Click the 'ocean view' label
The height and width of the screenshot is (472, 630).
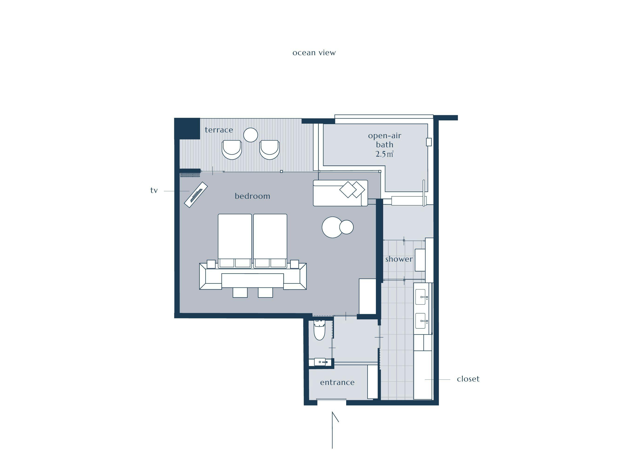pos(314,53)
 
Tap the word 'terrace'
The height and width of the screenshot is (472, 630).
pos(219,130)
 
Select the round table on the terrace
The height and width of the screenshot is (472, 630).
pos(251,135)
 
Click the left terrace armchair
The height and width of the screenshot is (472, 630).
pos(232,150)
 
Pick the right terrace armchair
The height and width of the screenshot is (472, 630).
pos(269,150)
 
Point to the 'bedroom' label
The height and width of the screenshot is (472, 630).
pos(252,196)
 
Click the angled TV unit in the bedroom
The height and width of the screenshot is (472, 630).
pos(196,195)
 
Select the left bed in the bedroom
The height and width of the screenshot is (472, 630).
pos(235,241)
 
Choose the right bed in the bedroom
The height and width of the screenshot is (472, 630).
pos(270,241)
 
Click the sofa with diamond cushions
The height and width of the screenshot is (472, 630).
pos(340,193)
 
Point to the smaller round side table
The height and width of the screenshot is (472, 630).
pos(347,227)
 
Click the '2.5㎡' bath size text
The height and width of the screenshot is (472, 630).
pos(385,154)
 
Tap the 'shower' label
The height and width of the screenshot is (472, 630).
pos(399,259)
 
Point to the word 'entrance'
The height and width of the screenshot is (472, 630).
pos(337,382)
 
